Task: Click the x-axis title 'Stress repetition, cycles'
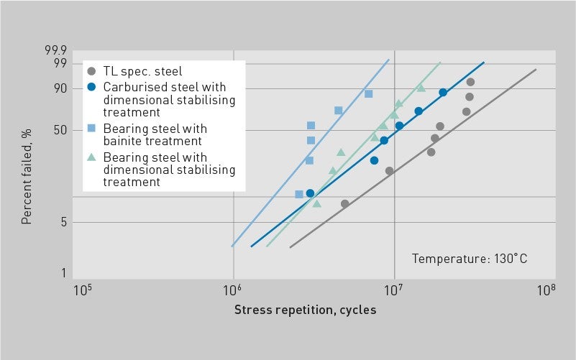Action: tap(305, 310)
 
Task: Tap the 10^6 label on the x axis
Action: tap(232, 290)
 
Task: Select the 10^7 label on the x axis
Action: tap(393, 290)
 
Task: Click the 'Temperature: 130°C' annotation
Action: tap(470, 259)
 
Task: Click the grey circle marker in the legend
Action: tap(91, 71)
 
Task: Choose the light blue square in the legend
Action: tap(91, 129)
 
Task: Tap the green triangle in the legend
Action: tap(91, 157)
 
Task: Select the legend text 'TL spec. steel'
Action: tap(142, 71)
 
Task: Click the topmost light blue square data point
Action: tap(368, 93)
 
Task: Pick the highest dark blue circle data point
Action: tap(443, 93)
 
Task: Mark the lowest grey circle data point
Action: tap(344, 203)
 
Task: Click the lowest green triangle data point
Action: tap(316, 203)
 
